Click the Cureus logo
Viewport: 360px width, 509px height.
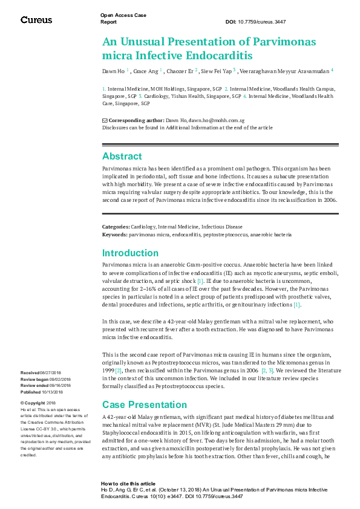(x=36, y=20)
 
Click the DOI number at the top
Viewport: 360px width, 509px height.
(x=264, y=22)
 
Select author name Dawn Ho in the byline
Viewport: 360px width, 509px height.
(x=113, y=71)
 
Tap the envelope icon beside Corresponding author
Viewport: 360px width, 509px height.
(x=105, y=121)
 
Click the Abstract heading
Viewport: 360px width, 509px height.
(x=122, y=156)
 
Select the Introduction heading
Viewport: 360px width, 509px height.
(x=130, y=253)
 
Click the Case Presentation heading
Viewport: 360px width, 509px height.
(x=145, y=404)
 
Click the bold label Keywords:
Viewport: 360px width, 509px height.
(x=114, y=234)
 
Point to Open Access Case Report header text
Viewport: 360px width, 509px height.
(x=123, y=18)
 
